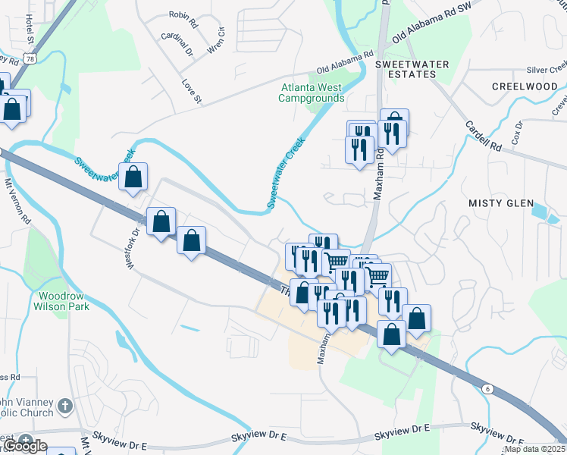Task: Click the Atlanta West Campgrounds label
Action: tap(311, 93)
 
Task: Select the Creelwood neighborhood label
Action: tap(525, 86)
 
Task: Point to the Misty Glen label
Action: tap(495, 203)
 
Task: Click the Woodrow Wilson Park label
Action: tap(61, 300)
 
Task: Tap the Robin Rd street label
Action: tap(183, 15)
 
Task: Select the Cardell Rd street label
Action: tap(484, 134)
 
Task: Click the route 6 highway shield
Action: tap(486, 388)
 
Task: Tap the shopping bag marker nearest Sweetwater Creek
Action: tap(133, 178)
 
